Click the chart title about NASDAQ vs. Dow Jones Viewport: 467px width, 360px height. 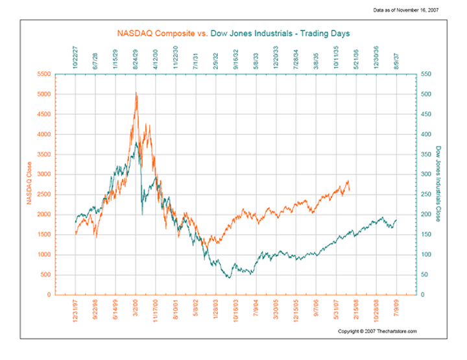coord(233,32)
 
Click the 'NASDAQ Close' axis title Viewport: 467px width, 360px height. coord(29,185)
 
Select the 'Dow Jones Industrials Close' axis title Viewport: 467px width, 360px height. coord(439,184)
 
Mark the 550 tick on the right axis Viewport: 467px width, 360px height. coord(425,74)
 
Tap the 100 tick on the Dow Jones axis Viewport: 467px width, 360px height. coord(425,255)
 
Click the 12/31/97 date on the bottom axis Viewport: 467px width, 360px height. coord(76,312)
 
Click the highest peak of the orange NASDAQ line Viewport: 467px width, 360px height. coord(136,93)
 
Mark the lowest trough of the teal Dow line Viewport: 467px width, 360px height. coord(228,278)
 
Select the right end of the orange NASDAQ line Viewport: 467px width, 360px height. coord(350,189)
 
